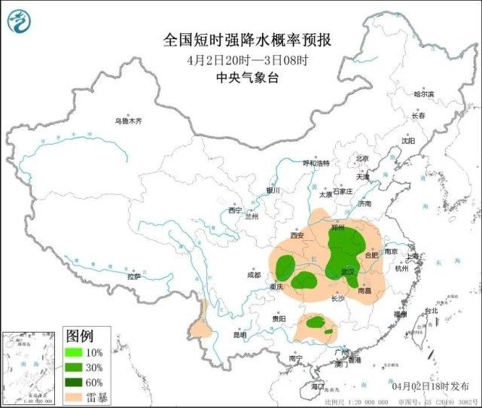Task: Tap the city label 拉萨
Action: click(x=133, y=276)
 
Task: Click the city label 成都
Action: click(x=254, y=276)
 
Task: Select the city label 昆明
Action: click(x=239, y=335)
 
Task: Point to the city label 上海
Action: click(x=412, y=257)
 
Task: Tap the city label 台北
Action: click(x=432, y=310)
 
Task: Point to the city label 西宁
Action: click(x=236, y=210)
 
